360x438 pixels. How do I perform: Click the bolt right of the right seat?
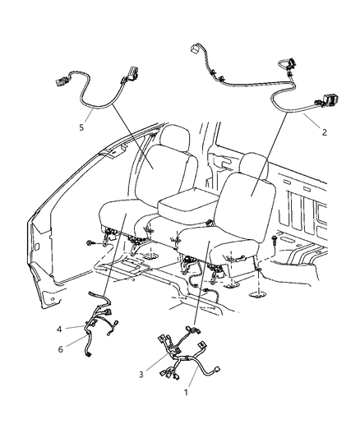[x=272, y=238]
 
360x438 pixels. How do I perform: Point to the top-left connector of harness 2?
[x=196, y=48]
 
